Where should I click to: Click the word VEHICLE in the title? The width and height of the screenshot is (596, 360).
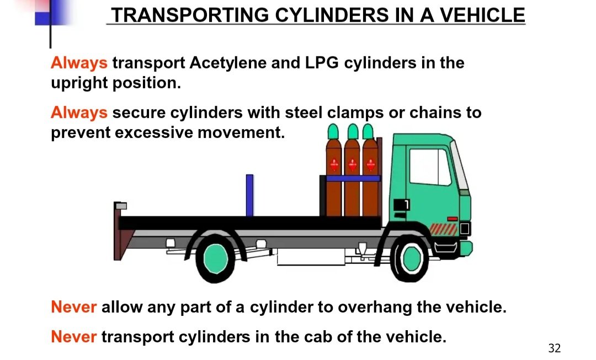coord(482,15)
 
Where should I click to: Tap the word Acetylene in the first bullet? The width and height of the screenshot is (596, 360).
coord(227,63)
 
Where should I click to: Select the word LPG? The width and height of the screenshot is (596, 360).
coord(322,63)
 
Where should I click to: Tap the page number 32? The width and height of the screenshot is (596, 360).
coord(555,348)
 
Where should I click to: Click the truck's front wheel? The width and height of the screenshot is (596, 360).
coord(411,258)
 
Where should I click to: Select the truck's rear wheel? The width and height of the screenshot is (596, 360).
coord(216,259)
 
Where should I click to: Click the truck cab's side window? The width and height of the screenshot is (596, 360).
coord(429,167)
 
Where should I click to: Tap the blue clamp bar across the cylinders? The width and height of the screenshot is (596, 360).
coord(353,178)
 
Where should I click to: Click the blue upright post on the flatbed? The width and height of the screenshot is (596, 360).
coord(250,195)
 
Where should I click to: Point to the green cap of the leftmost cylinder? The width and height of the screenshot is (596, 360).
coord(333,131)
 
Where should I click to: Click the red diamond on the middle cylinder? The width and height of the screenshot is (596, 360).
coord(352,165)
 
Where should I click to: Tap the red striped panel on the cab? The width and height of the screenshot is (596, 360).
coord(443,230)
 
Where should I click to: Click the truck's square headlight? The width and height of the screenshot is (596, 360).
coord(465,229)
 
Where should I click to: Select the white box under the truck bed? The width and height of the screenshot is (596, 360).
coord(311,257)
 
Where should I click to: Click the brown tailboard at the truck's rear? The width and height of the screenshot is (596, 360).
coord(120,231)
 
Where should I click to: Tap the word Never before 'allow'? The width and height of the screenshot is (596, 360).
coord(74,307)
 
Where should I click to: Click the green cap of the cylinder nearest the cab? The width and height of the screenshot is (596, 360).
coord(368,131)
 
